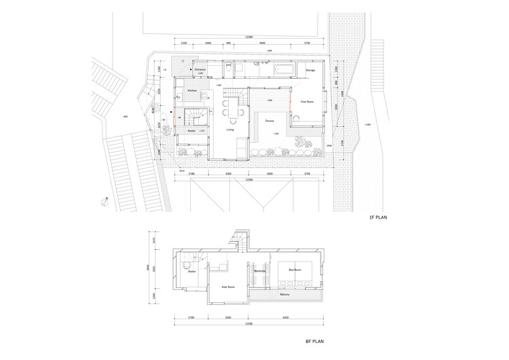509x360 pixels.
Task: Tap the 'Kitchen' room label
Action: click(192, 90)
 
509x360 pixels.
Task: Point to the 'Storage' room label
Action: click(310, 70)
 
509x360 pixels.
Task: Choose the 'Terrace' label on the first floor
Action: click(269, 120)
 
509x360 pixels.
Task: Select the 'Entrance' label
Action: click(200, 69)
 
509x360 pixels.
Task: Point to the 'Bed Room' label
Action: click(295, 270)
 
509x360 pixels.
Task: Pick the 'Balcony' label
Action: click(285, 295)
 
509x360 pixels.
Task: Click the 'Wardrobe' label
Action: click(259, 271)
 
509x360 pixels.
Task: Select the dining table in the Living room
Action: click(232, 108)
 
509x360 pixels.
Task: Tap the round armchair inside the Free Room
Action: click(298, 118)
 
